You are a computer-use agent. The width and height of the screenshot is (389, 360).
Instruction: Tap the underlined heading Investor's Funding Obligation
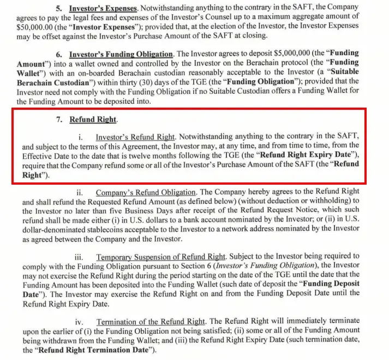(x=121, y=53)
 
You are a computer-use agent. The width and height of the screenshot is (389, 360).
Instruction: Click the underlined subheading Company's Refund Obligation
(x=146, y=192)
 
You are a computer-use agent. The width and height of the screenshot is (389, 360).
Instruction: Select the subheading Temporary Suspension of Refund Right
(x=161, y=256)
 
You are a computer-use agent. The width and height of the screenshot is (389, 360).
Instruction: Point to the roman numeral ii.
(x=80, y=192)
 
